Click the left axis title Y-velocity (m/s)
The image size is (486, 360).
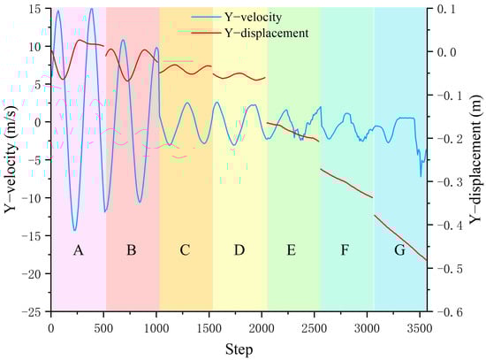pyautogui.click(x=11, y=159)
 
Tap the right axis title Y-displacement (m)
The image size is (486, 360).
pyautogui.click(x=475, y=159)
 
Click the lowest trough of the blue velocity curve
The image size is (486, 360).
pyautogui.click(x=75, y=230)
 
